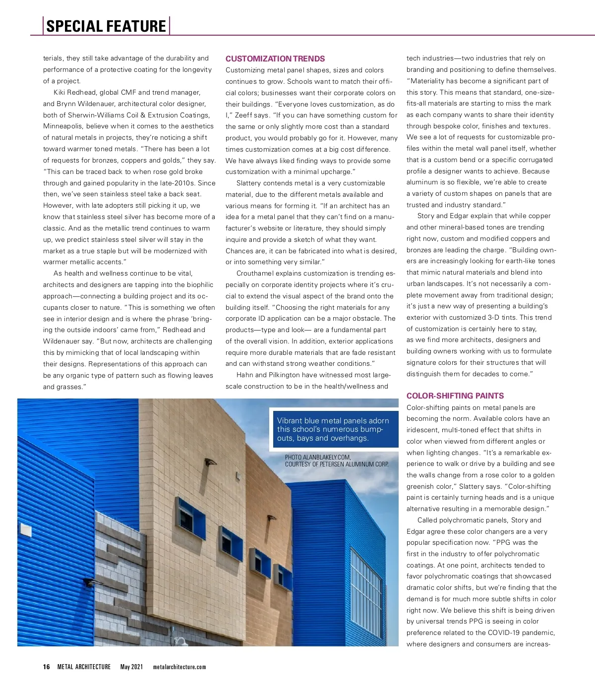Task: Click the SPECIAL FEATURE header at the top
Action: point(106,26)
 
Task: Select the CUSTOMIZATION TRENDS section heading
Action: point(275,58)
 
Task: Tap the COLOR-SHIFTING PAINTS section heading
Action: point(455,396)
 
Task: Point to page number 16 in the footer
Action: point(46,667)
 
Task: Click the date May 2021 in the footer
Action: point(131,667)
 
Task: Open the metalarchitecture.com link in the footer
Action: point(179,667)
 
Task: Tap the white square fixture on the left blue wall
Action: point(26,530)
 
